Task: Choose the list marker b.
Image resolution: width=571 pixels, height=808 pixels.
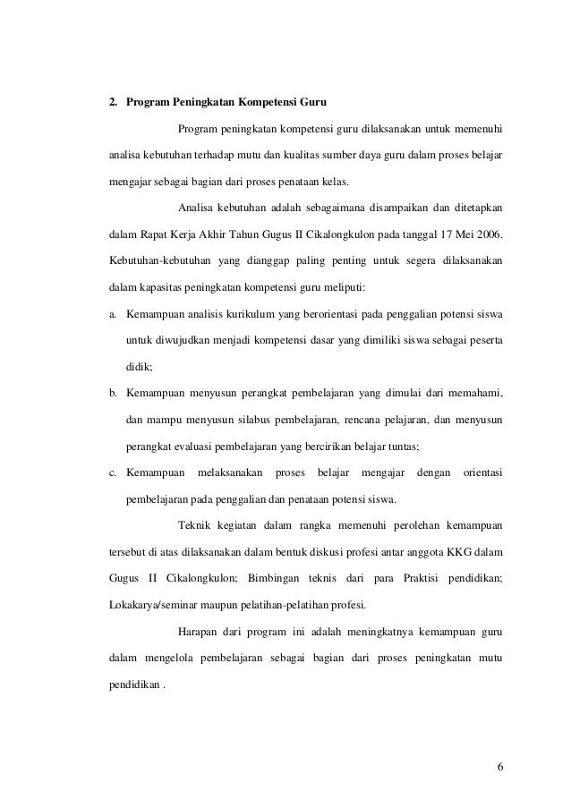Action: click(x=113, y=393)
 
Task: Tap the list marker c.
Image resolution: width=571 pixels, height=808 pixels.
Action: click(x=113, y=472)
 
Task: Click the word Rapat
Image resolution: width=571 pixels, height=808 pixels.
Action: click(x=158, y=236)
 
